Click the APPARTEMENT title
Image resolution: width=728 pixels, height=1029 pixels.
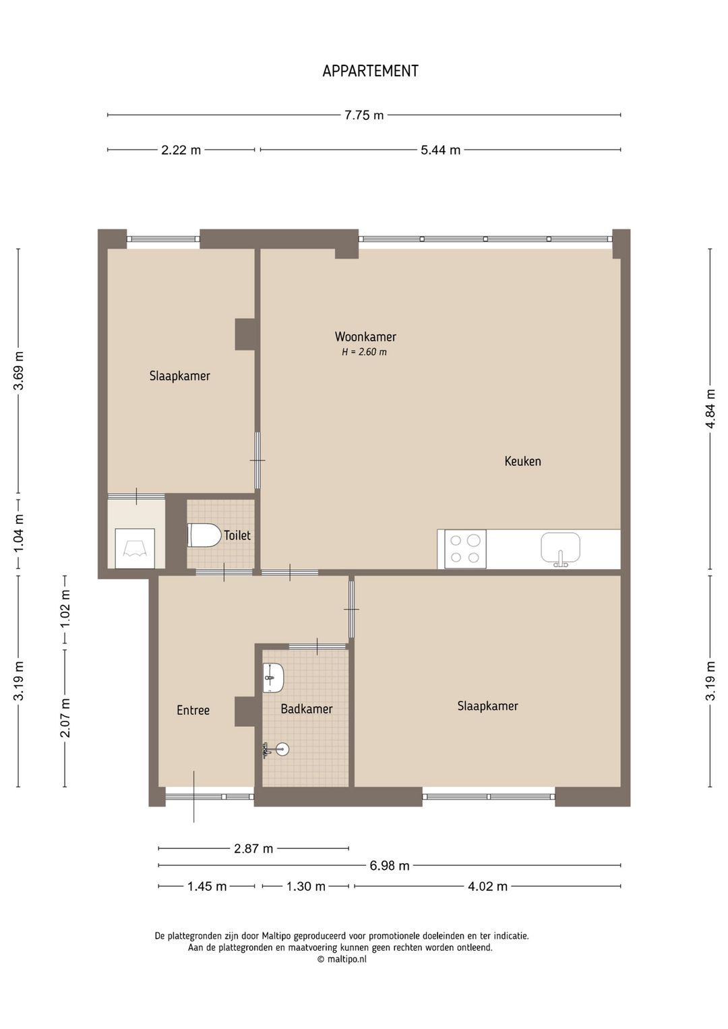[370, 71]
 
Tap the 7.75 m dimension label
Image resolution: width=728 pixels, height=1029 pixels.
[364, 115]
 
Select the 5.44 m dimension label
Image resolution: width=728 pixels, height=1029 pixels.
[440, 150]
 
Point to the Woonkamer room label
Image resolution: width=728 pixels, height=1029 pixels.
[365, 336]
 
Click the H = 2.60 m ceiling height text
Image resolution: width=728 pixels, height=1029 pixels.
[364, 353]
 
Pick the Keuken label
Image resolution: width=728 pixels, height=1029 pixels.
[522, 461]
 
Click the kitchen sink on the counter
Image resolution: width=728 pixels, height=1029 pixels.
[560, 548]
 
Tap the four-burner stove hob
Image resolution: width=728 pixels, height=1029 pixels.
[465, 549]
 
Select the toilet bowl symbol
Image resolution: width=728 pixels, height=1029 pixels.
[204, 535]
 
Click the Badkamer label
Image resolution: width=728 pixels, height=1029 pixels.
[306, 709]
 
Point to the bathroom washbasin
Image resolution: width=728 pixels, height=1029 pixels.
[273, 678]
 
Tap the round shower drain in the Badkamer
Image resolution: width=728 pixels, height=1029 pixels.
[283, 749]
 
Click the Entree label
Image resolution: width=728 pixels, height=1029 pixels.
[193, 710]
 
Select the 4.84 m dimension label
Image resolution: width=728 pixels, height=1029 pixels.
[710, 409]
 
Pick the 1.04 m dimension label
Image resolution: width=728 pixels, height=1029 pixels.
[18, 534]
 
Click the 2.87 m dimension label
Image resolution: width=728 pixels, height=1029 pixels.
[253, 848]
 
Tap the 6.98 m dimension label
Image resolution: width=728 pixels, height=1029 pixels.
[390, 866]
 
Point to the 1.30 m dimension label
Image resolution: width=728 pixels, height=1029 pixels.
[306, 886]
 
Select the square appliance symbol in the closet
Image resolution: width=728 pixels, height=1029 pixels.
[135, 548]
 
